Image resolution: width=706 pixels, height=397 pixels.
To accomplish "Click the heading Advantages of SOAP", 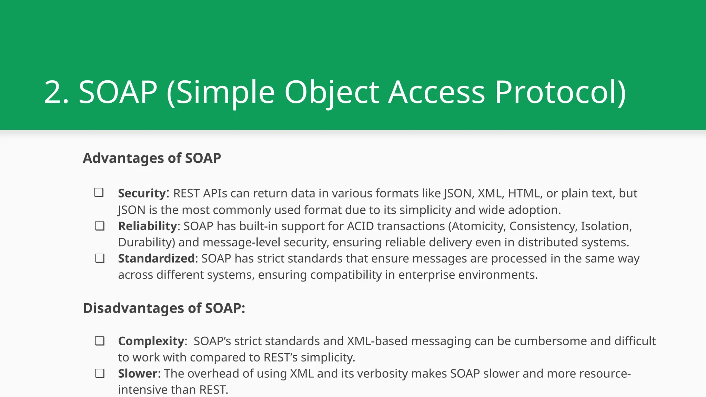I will pos(152,158).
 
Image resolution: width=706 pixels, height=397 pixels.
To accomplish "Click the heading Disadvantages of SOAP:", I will pos(164,308).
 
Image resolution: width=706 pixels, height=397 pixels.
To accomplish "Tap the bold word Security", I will pos(142,193).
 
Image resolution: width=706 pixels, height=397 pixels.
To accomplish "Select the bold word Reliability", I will pos(148,226).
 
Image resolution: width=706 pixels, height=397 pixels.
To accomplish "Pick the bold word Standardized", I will pos(157,258).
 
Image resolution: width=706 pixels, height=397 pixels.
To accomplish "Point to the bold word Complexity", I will pos(151,341).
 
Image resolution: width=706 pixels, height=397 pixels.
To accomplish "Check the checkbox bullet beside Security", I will pos(99,192).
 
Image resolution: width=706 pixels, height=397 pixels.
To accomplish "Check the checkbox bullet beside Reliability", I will pos(100,226).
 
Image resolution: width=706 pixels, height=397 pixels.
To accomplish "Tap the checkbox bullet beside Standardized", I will pos(100,258).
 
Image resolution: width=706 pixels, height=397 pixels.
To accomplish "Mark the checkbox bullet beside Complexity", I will pos(100,341).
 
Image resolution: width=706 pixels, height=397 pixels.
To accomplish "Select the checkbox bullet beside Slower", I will pos(100,373).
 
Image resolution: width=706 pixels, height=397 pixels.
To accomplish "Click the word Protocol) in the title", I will pos(560,92).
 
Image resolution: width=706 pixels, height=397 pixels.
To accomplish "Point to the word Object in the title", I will pos(332,92).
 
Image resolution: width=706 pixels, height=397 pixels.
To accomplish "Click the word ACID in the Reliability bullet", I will pos(360,226).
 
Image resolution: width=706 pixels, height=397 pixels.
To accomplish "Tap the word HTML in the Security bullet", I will pos(523,193).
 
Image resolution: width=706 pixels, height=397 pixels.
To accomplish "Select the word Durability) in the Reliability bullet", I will pos(147,242).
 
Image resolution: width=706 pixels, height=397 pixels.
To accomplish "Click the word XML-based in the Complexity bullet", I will pos(377,341).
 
